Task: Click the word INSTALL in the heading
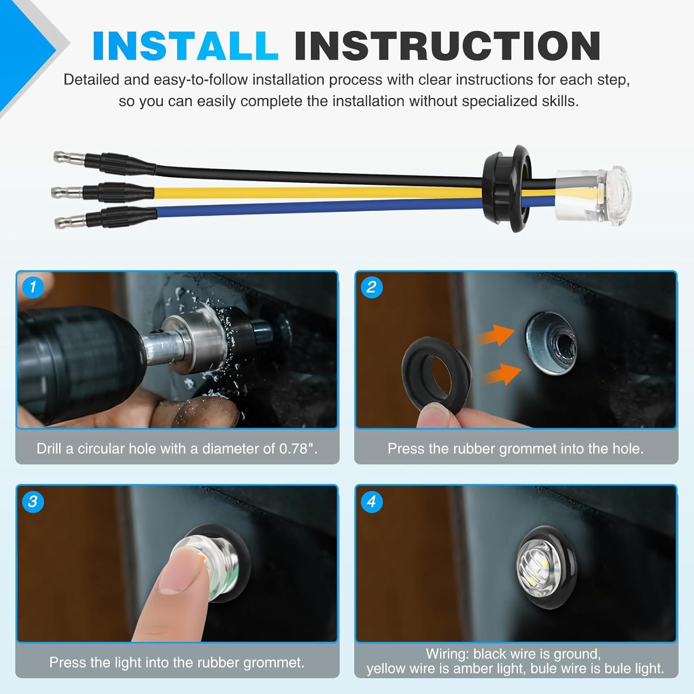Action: tap(185, 46)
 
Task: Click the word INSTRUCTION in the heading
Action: tap(447, 46)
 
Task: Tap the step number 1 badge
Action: tap(32, 287)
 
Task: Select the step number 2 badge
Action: tap(371, 287)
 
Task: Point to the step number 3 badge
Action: tap(32, 502)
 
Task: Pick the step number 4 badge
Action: tap(371, 502)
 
